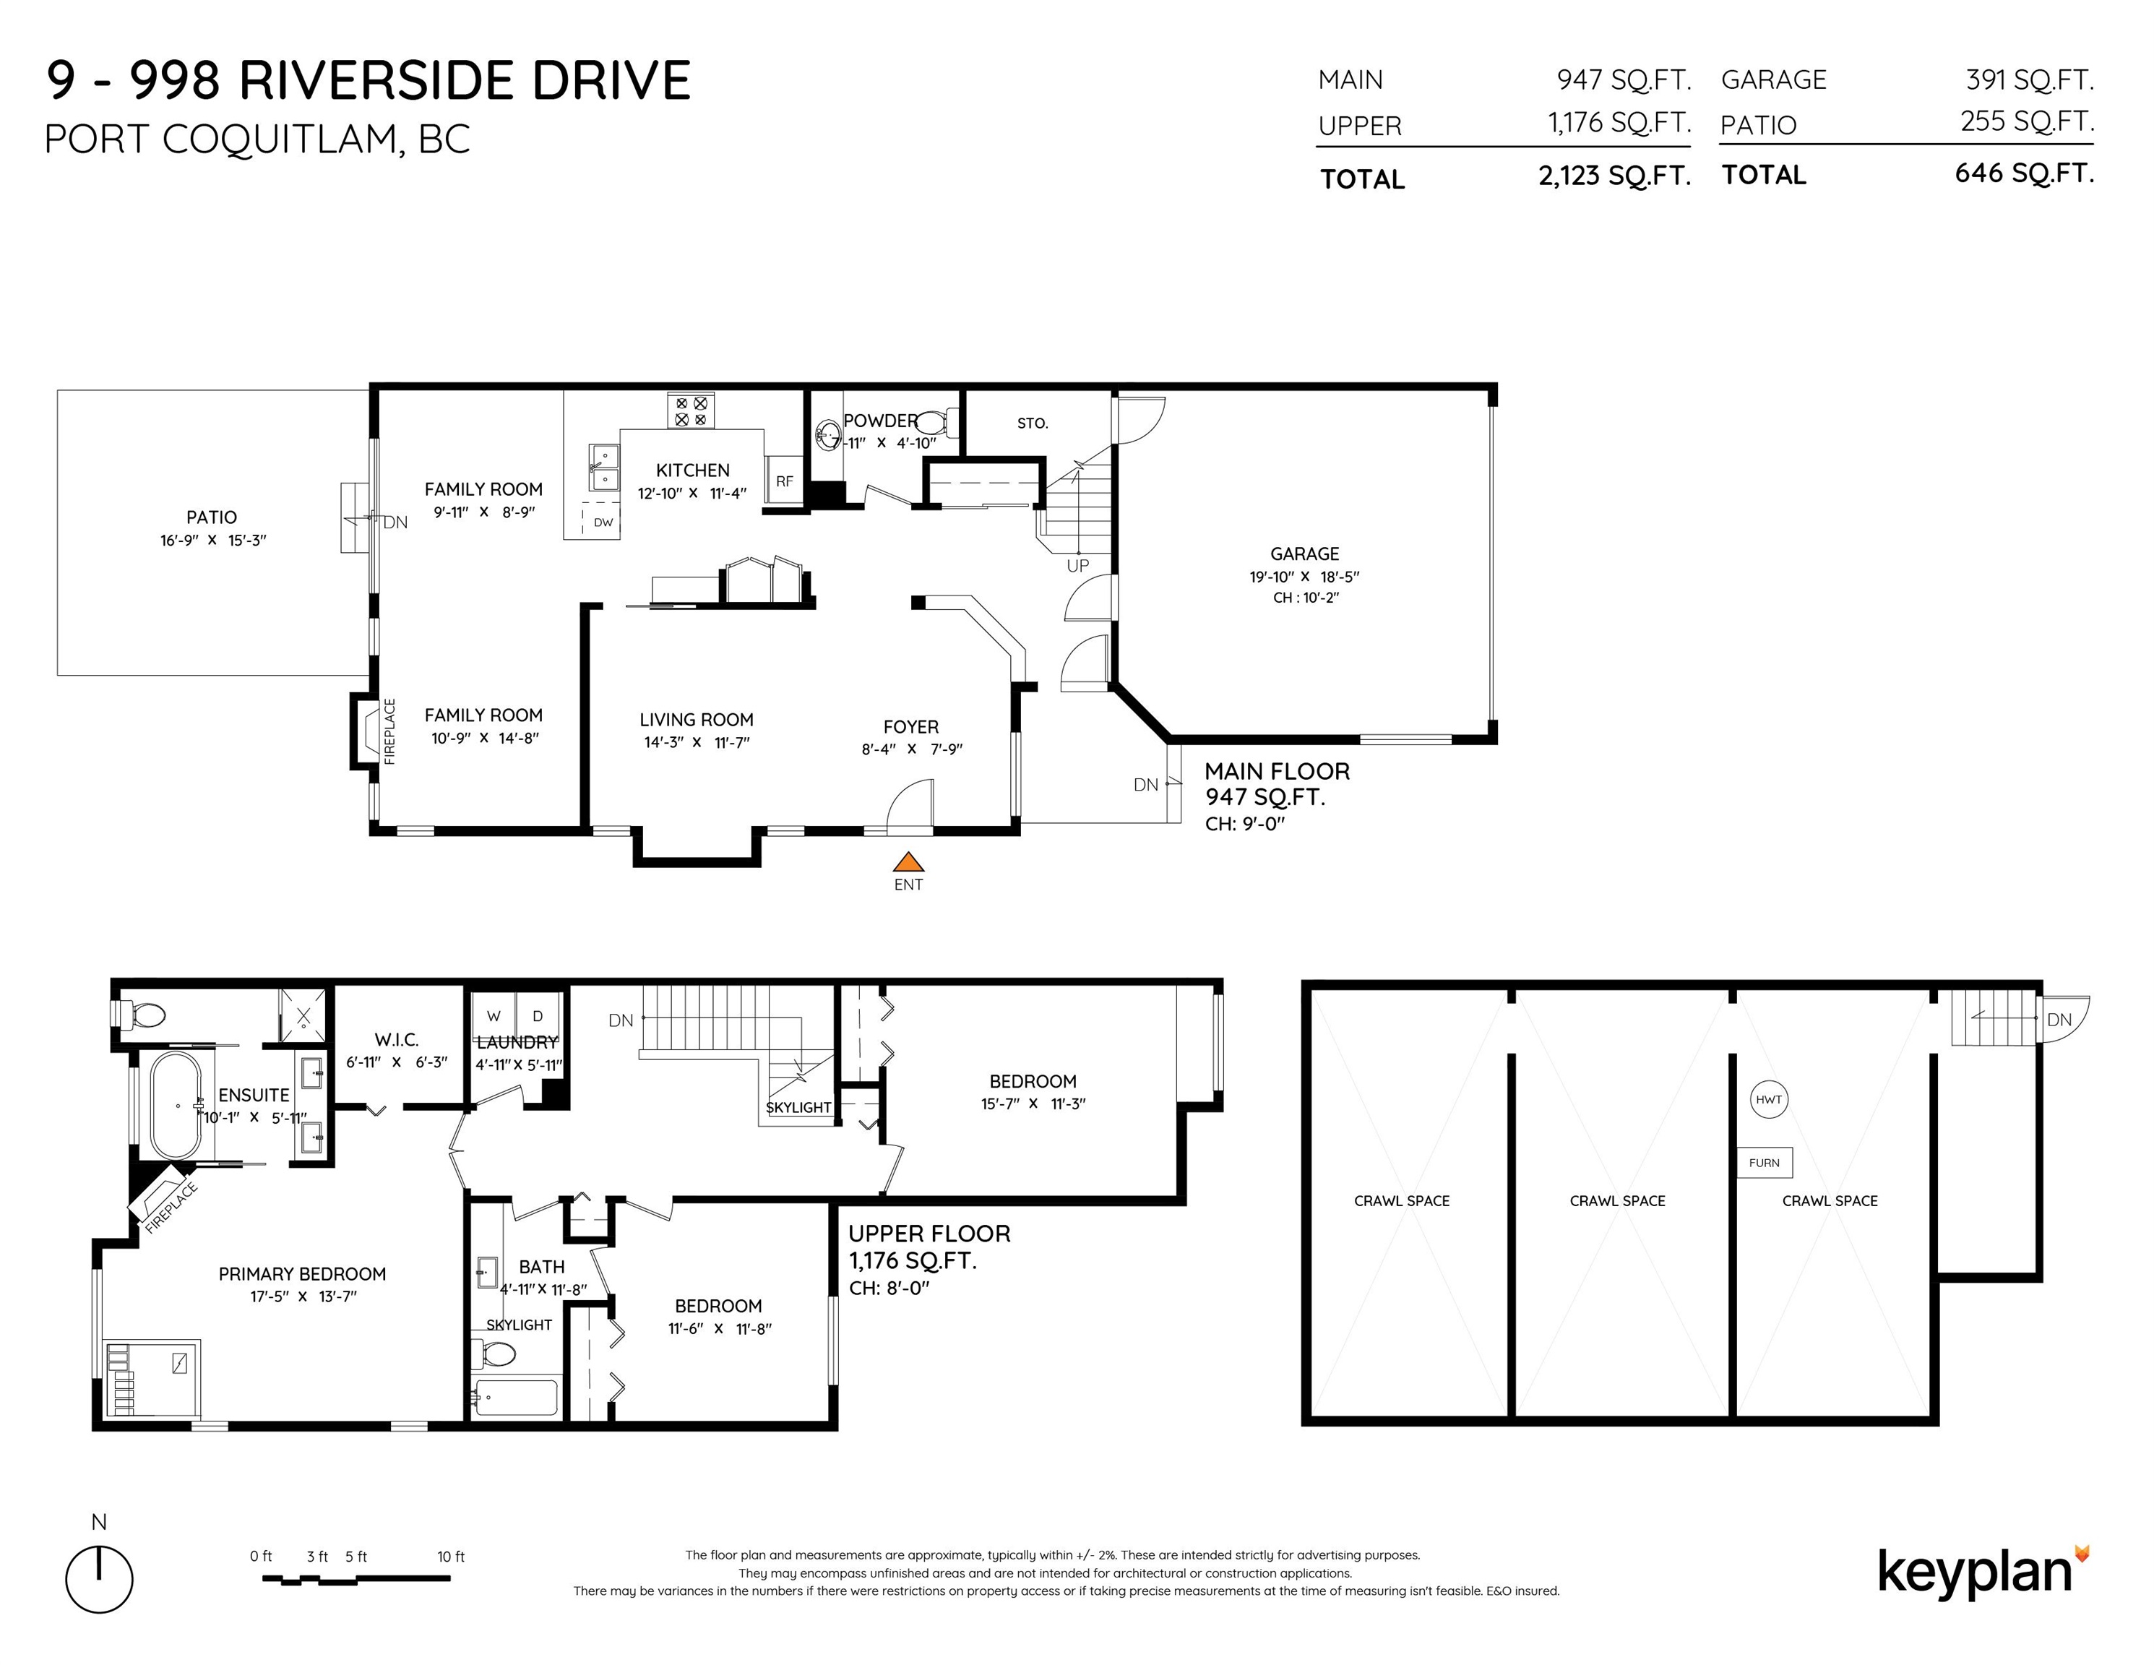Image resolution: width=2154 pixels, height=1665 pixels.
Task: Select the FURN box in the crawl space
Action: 1765,1163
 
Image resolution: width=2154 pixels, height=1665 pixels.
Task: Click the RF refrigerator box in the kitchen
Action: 784,481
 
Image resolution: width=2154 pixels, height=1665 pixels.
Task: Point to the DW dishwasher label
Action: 603,522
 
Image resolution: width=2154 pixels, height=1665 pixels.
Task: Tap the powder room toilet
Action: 937,423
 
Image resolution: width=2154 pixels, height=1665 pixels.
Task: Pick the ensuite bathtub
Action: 176,1105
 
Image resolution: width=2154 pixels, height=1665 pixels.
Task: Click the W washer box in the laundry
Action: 494,1016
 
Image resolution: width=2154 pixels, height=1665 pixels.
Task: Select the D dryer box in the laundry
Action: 538,1016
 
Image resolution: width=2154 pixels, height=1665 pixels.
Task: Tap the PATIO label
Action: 211,517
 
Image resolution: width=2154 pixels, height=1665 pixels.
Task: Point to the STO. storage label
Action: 1033,423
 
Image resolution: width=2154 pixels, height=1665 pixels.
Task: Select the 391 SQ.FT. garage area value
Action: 2030,80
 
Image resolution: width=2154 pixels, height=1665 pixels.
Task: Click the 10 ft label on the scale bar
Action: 451,1557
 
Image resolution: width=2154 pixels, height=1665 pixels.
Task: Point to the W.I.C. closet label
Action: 397,1040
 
